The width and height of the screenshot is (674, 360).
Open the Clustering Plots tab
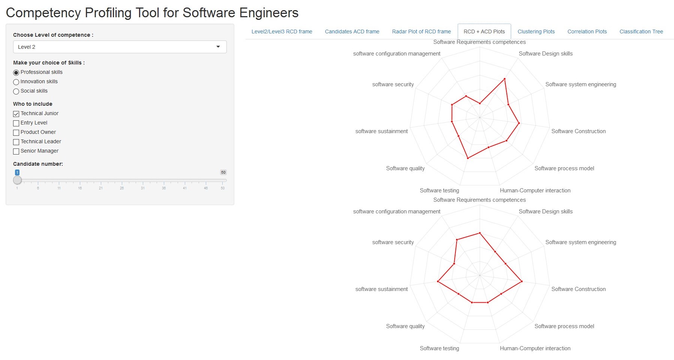pyautogui.click(x=536, y=31)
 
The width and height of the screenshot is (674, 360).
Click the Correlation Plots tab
pyautogui.click(x=587, y=31)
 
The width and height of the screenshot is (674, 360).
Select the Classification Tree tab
pyautogui.click(x=641, y=31)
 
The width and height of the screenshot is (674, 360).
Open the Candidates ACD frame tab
pyautogui.click(x=352, y=31)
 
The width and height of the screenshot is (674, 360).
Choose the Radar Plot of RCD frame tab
pyautogui.click(x=421, y=31)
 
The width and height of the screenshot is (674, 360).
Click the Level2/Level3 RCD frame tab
pyautogui.click(x=282, y=31)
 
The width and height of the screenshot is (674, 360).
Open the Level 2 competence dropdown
pyautogui.click(x=120, y=47)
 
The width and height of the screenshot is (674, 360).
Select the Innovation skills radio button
pyautogui.click(x=16, y=82)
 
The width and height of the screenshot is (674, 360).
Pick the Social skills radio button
pyautogui.click(x=16, y=91)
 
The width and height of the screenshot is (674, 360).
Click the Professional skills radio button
pyautogui.click(x=16, y=72)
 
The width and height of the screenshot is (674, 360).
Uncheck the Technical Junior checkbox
pyautogui.click(x=16, y=114)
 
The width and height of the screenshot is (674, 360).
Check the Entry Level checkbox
pyautogui.click(x=16, y=123)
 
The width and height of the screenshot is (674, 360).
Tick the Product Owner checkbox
pyautogui.click(x=16, y=132)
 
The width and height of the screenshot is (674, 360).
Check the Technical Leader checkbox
pyautogui.click(x=16, y=142)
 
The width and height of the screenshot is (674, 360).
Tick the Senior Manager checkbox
pyautogui.click(x=16, y=151)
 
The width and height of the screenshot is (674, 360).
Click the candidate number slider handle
pyautogui.click(x=17, y=180)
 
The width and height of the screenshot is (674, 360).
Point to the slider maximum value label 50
pyautogui.click(x=223, y=172)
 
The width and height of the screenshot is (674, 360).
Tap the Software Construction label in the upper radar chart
pyautogui.click(x=578, y=131)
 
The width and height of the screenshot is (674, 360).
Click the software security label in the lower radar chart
pyautogui.click(x=393, y=242)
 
